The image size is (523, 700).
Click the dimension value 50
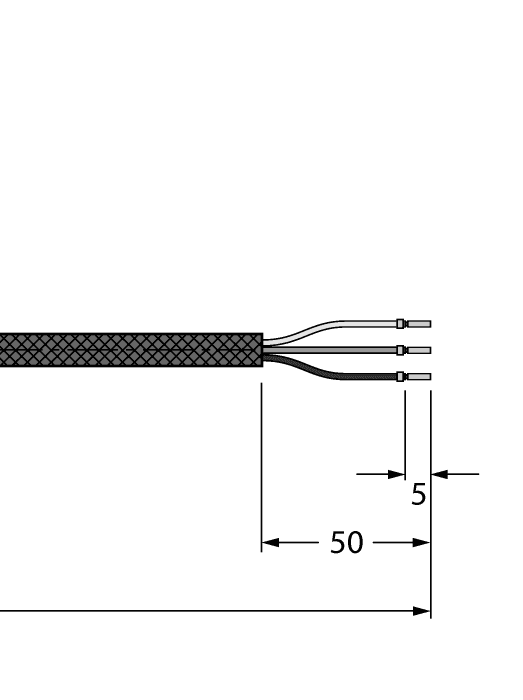point(346,543)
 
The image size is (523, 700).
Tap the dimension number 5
point(418,494)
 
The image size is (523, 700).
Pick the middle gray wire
point(330,350)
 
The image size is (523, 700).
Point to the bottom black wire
point(330,373)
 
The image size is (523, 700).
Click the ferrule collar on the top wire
point(400,324)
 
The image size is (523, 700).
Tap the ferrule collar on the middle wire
point(400,350)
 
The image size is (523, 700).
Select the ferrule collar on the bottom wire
point(400,377)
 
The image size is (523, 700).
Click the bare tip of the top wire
point(419,324)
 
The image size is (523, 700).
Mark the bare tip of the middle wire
point(419,350)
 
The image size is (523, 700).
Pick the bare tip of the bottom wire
point(419,377)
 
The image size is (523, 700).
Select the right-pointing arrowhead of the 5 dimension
point(396,474)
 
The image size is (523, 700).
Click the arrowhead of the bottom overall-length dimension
point(421,610)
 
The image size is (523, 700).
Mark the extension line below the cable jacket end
point(261,460)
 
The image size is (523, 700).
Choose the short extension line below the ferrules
point(404,430)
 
